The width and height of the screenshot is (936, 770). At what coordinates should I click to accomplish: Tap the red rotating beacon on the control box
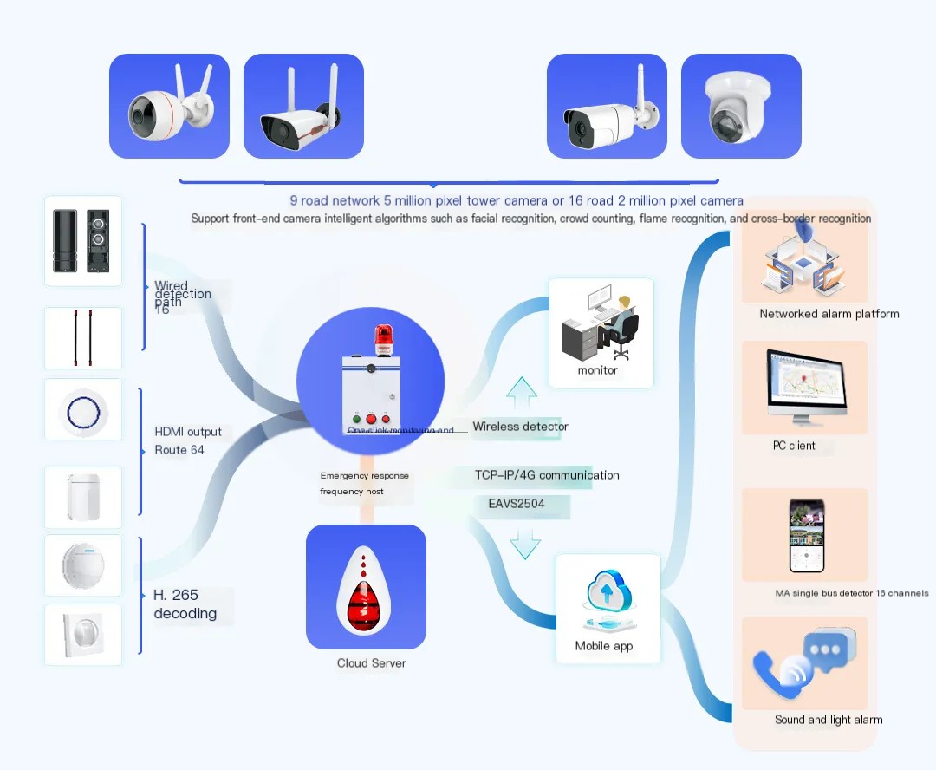(x=383, y=340)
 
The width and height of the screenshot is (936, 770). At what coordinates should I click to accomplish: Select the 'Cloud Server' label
(x=371, y=663)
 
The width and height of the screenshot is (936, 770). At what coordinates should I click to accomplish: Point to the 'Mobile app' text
(x=604, y=646)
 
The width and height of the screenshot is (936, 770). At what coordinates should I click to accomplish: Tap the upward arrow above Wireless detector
(x=522, y=394)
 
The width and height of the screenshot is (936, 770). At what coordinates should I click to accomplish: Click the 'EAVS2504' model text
(x=511, y=503)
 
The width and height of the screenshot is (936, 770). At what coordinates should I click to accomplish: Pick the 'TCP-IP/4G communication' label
(x=547, y=475)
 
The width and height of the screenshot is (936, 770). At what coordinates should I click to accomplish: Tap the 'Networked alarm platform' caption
(x=829, y=314)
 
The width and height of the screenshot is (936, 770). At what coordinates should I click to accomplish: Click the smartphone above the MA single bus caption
(x=805, y=536)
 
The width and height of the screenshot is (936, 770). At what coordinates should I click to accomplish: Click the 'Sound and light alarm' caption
(x=829, y=720)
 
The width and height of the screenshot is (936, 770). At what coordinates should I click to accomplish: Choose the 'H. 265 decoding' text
(x=185, y=604)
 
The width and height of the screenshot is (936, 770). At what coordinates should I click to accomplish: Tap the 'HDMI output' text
(x=188, y=432)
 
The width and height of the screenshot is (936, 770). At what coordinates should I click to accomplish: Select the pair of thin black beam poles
(x=83, y=339)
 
